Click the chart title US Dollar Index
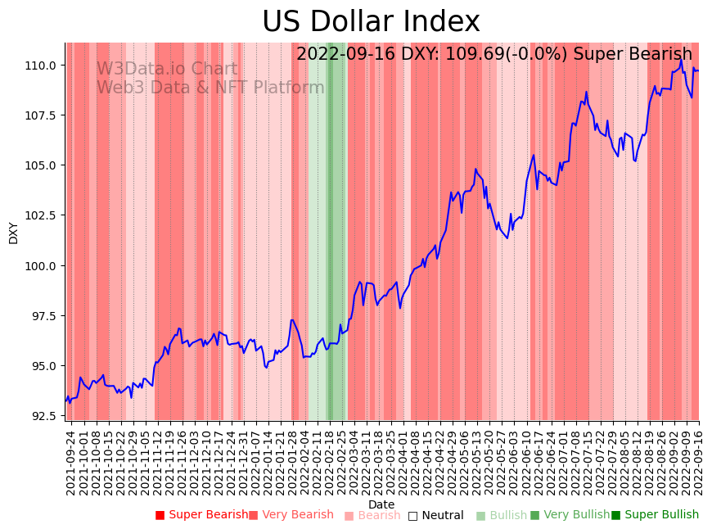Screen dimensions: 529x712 371,21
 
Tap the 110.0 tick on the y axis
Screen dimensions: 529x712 43,65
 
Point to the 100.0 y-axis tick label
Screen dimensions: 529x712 43,265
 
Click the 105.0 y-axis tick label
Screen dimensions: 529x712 43,165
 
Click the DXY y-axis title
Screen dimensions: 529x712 14,233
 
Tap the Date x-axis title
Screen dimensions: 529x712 381,504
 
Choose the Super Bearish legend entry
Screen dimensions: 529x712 201,515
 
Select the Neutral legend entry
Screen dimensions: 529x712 435,516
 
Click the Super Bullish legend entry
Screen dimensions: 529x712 655,515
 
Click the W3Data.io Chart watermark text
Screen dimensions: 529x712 167,70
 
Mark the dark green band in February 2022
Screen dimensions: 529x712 330,229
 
